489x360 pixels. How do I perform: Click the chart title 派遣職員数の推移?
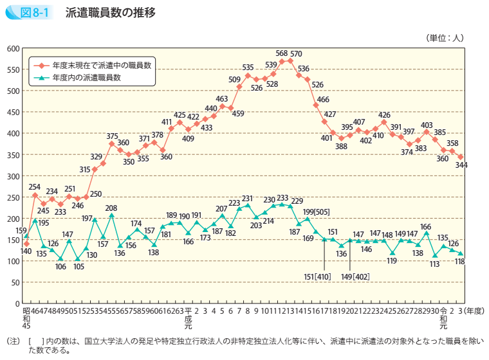(109, 12)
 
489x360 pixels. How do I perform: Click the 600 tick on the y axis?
(14, 49)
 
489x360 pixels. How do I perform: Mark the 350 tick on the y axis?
(14, 155)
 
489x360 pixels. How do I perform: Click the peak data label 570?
(296, 53)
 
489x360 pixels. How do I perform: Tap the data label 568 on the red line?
(281, 53)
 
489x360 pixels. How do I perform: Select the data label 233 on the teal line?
(282, 197)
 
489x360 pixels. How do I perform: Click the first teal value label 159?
(21, 230)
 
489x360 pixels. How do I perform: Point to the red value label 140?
(26, 252)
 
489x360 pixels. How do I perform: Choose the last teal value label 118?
(461, 261)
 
